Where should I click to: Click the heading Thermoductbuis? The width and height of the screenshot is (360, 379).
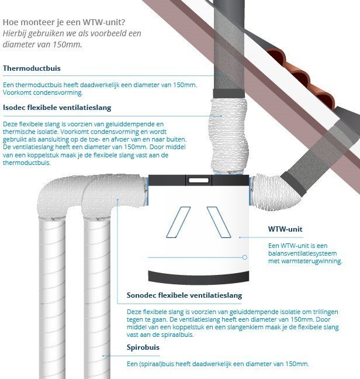click(x=32, y=68)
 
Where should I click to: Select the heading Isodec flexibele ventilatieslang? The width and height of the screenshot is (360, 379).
click(x=57, y=107)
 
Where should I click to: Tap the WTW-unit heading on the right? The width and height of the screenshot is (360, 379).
click(x=285, y=229)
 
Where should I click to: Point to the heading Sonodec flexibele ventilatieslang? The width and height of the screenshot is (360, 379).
click(x=184, y=295)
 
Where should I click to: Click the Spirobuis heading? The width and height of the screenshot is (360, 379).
click(x=143, y=347)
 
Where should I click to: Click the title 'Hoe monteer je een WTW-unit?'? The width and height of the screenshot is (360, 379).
click(x=64, y=22)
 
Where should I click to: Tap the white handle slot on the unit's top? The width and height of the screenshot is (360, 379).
click(x=199, y=180)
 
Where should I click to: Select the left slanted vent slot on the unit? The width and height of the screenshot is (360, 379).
click(x=178, y=222)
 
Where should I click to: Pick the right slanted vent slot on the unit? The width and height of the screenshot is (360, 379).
click(x=219, y=222)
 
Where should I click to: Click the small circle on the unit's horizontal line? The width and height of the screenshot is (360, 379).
click(x=245, y=257)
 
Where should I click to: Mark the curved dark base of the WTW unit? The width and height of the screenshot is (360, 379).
click(x=199, y=278)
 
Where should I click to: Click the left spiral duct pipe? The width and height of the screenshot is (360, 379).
click(x=52, y=297)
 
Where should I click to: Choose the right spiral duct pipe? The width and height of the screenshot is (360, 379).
click(x=96, y=297)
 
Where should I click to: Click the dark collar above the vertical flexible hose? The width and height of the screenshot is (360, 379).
click(x=229, y=94)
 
